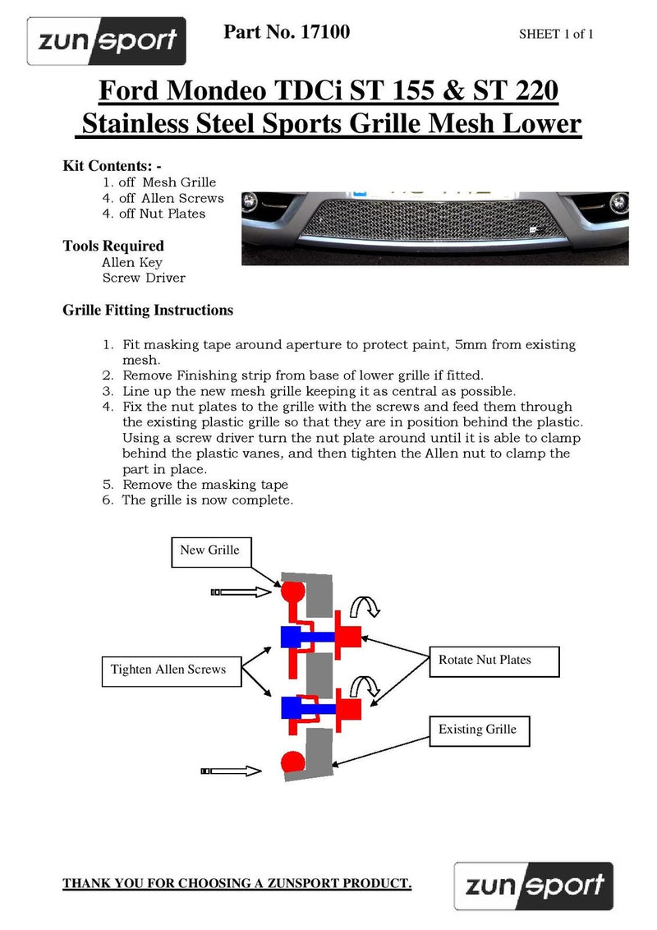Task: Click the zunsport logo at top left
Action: tap(107, 41)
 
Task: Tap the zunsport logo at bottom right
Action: tap(534, 886)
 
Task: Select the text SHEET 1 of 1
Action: tap(556, 34)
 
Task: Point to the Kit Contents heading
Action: tap(113, 165)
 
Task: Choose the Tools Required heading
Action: tap(113, 246)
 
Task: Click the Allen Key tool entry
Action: tap(132, 263)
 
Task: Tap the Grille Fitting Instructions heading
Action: tap(148, 311)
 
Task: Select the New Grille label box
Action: tap(210, 550)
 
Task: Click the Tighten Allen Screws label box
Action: tap(169, 670)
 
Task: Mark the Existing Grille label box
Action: tap(478, 730)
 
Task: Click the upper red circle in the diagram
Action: tap(292, 591)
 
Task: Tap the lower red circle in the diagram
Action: tap(292, 762)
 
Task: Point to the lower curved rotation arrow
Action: tap(365, 687)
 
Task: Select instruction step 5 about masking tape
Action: tap(205, 485)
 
